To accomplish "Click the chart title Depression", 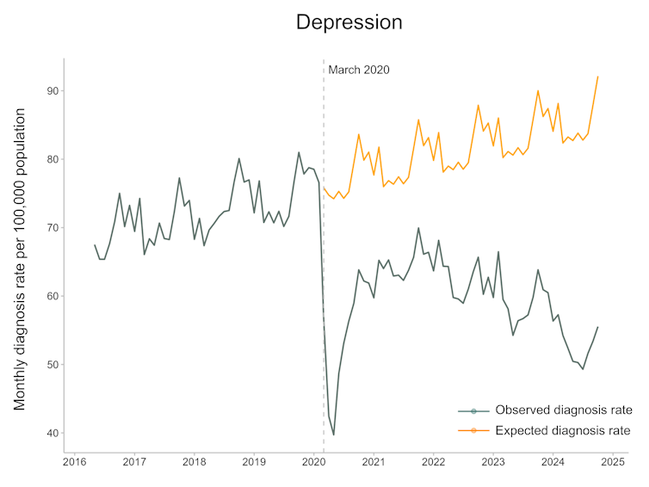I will [x=349, y=22].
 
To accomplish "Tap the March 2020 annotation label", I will [x=359, y=70].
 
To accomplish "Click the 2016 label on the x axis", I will [x=74, y=462].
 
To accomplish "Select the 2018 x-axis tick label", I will [x=194, y=462].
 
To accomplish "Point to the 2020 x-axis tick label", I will [x=313, y=462].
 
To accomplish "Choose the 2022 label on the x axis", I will [x=433, y=462].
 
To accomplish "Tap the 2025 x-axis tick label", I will [x=613, y=462].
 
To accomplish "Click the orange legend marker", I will [x=473, y=429].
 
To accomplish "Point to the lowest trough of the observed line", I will [x=334, y=435].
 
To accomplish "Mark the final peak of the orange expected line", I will [x=597, y=77].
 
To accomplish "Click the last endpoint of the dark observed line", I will [x=597, y=327].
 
